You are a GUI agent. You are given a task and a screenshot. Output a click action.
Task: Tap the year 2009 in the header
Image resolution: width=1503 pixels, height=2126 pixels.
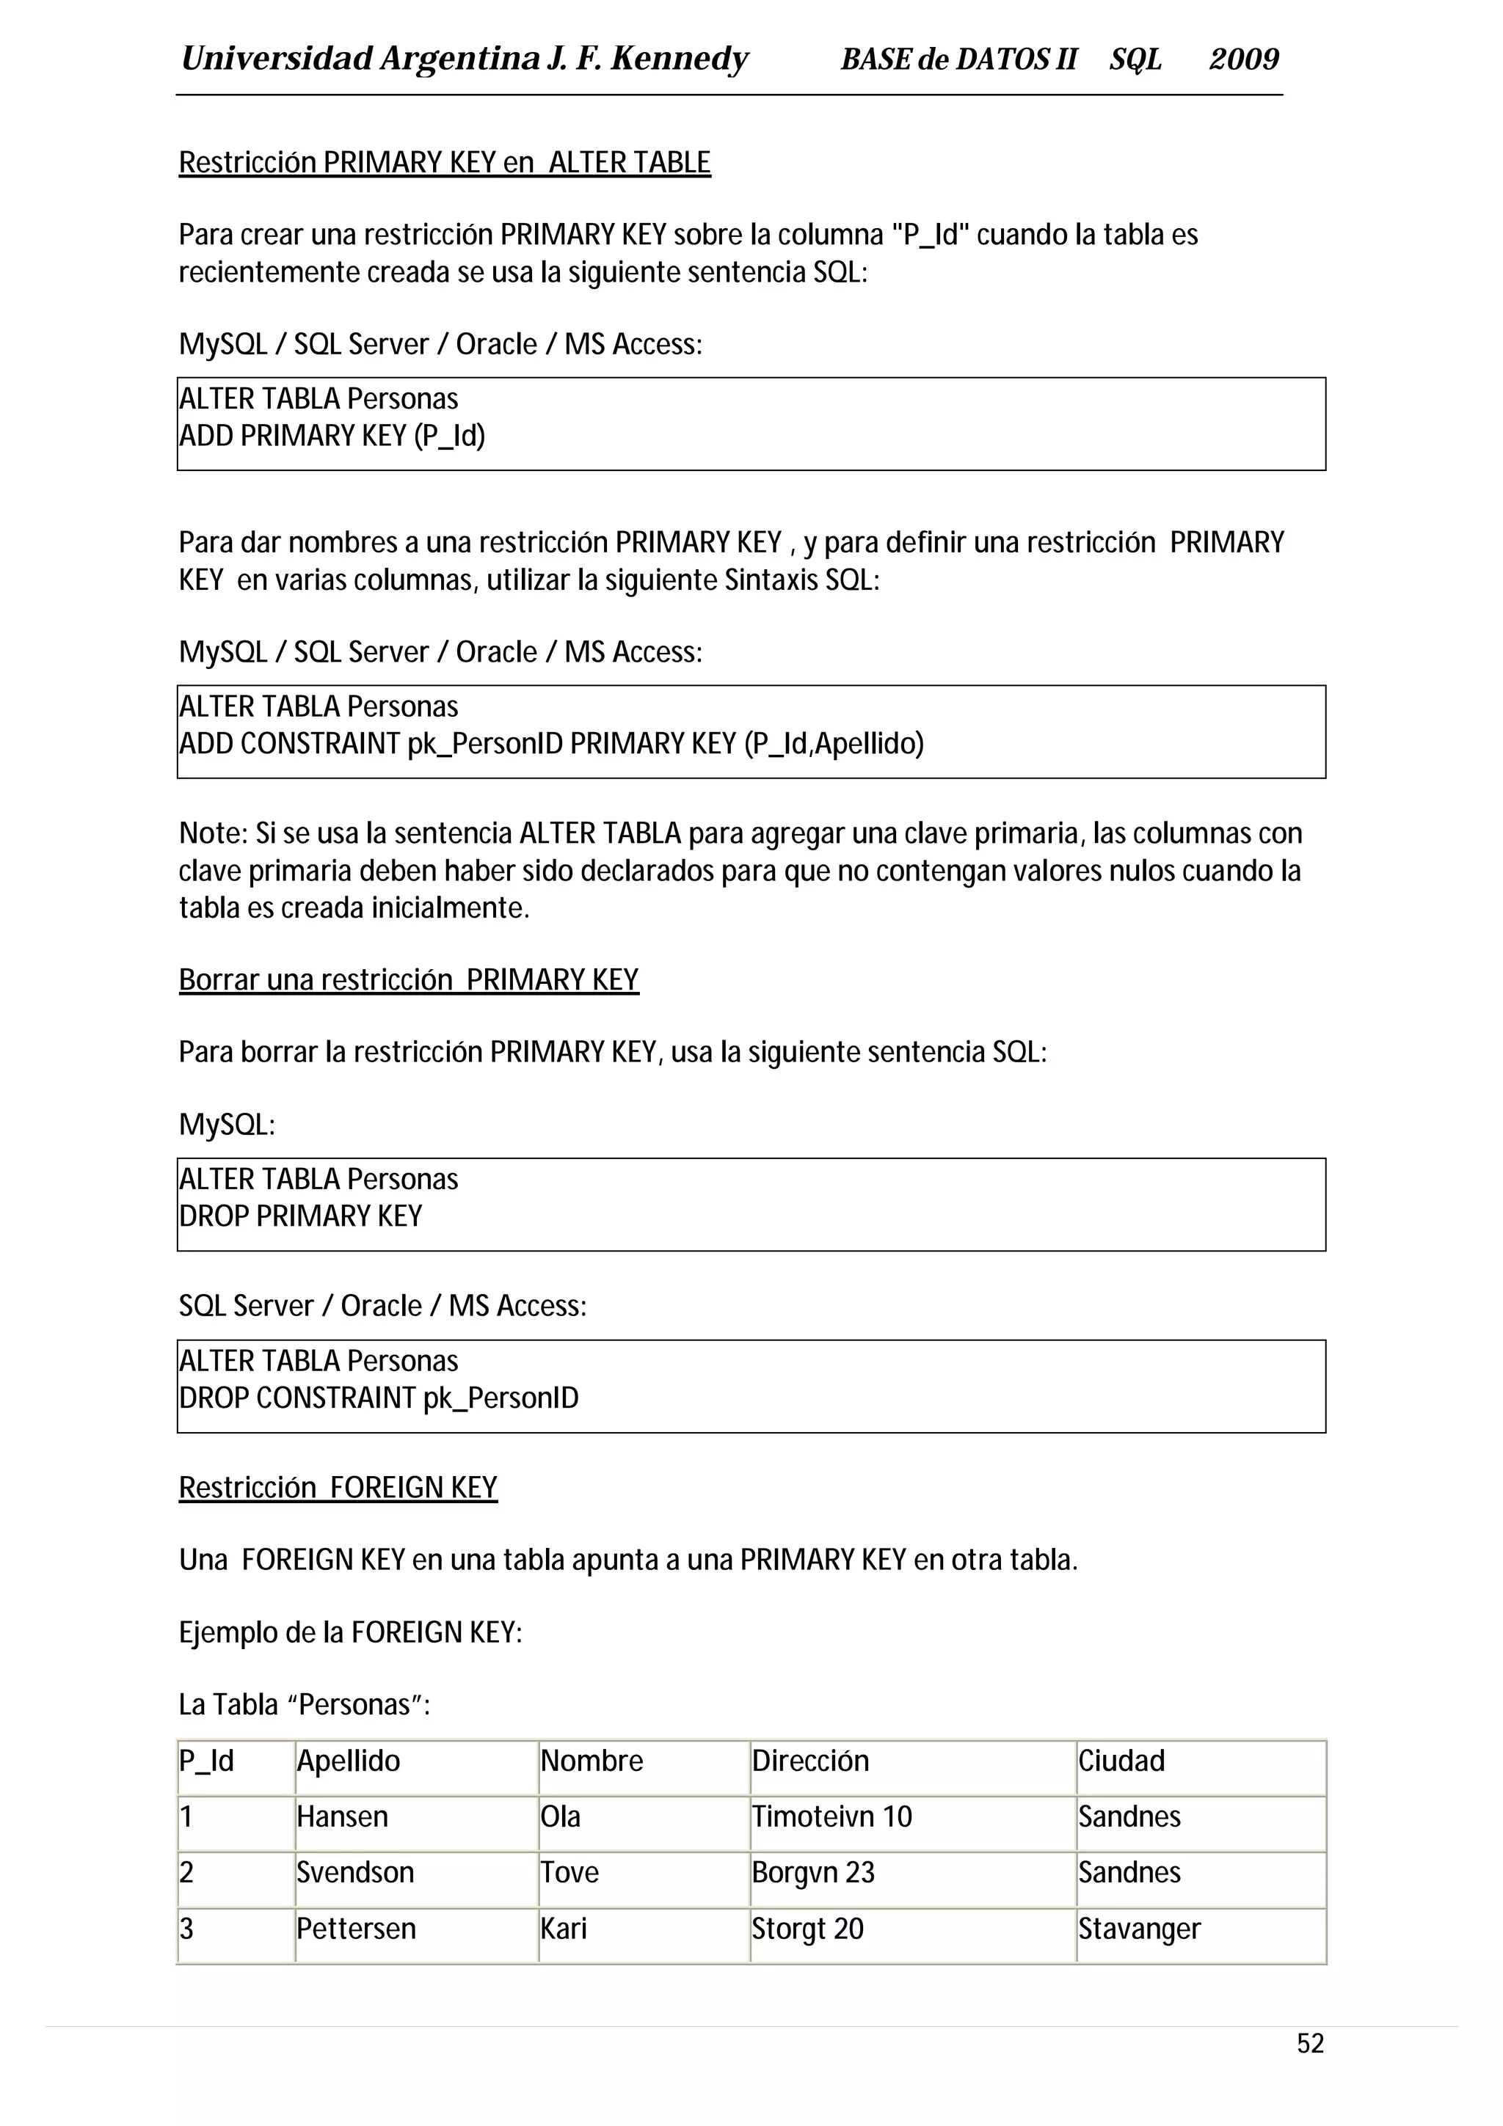coord(1244,59)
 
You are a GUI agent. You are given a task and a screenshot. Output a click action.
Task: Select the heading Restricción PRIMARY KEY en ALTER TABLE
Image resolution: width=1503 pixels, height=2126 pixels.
coord(445,163)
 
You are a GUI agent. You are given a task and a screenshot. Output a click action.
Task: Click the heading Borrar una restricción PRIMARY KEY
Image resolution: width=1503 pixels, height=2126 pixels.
coord(408,979)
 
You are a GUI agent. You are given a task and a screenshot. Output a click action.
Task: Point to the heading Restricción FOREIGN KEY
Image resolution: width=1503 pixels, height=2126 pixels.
coord(338,1487)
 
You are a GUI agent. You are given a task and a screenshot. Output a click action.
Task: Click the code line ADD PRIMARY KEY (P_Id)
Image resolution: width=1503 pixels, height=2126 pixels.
coord(332,435)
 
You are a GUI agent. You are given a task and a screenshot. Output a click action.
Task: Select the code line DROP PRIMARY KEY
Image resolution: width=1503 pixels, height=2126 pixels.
coord(301,1216)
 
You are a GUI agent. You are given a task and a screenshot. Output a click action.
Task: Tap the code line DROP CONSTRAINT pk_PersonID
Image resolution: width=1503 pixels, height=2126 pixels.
coord(379,1398)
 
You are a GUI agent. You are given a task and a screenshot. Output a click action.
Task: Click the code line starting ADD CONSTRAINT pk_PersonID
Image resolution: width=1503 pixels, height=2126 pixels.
coord(551,744)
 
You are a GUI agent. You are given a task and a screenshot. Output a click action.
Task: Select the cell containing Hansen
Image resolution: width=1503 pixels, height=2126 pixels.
coord(343,1816)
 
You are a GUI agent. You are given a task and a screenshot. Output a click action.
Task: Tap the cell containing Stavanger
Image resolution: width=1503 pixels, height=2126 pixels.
coord(1139,1929)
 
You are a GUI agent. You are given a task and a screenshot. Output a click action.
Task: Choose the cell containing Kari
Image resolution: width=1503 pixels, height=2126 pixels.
coord(564,1929)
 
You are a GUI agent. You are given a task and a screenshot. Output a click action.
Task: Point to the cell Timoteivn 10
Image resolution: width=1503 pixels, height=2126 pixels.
coord(831,1816)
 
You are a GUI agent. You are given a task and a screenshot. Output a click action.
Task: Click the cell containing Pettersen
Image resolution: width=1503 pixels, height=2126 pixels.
coord(357,1929)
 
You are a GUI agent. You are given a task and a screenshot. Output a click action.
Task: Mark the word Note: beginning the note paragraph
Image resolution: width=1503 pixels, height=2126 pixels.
coord(213,833)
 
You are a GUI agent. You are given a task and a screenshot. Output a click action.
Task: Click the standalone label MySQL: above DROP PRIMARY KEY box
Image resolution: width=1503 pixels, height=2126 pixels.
coord(227,1125)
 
